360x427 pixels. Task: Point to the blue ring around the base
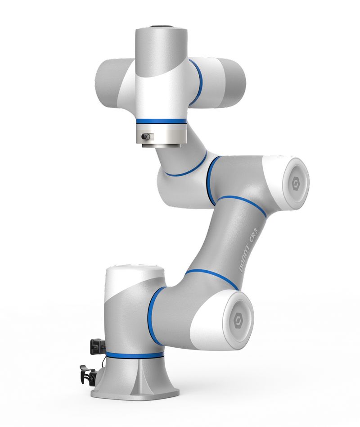135,355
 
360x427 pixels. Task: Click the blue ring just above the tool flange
162,121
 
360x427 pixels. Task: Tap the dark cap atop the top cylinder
162,27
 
